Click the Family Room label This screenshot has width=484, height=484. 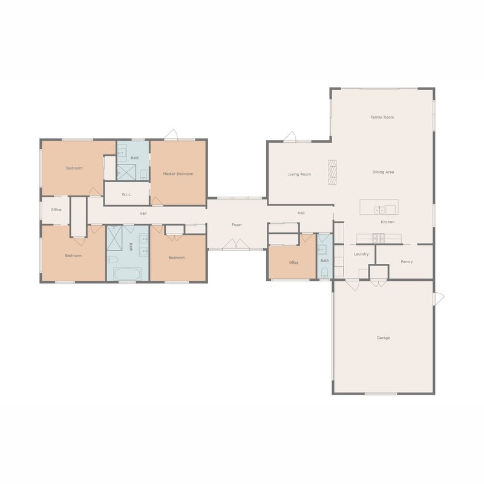coord(382,117)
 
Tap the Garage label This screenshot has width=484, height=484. coord(384,338)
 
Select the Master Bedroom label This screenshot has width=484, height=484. coord(178,174)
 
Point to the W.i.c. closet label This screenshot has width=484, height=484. coord(126,194)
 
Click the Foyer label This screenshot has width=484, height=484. coord(237,225)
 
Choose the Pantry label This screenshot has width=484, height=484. coord(407,262)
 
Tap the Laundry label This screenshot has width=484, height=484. coord(361,254)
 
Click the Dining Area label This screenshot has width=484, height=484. coord(383,172)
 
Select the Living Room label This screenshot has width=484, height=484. coord(299,174)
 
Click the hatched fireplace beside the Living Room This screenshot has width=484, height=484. coord(332,172)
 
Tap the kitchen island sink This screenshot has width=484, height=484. coord(379,210)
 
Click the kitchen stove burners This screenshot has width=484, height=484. coord(379,238)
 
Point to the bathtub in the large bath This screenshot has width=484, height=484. coord(128,274)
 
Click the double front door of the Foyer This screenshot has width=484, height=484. coord(236,244)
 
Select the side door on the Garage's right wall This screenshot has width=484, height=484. coord(439,298)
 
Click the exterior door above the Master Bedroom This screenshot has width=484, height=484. coord(171,135)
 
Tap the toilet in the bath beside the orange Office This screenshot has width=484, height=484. coord(324,272)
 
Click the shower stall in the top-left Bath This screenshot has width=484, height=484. coord(126,172)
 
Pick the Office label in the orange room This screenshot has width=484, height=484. coord(293,263)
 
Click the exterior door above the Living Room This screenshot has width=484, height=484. coord(290,137)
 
